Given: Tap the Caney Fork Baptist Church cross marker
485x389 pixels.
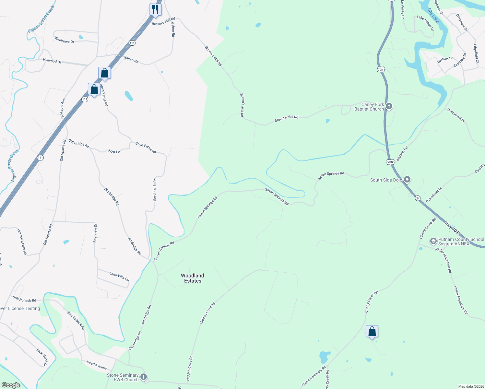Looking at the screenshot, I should pos(389,106).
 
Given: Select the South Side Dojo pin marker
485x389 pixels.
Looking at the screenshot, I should pos(408,180).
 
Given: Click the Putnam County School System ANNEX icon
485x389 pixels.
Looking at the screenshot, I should pos(433,241).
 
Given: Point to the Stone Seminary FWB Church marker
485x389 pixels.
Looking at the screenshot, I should pos(144,377).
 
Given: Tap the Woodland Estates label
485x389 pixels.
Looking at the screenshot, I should pos(193,278).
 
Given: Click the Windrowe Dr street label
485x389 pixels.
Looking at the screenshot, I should pos(64,40).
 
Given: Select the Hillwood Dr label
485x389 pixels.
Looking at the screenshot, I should pos(52,61).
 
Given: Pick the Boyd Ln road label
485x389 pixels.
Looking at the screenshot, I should pos(113,151).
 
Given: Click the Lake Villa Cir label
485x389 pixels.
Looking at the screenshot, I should pos(119,277).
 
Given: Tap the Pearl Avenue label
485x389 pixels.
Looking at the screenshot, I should pos(97,365).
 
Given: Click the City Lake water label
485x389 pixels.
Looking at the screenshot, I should pos(433,16).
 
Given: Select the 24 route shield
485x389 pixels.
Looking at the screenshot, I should pos(418,198).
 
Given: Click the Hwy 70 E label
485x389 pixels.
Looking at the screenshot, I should pos(452,228).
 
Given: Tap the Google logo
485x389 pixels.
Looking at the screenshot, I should pos(11,385).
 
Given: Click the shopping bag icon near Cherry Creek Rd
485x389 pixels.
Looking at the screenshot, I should pos(372,332).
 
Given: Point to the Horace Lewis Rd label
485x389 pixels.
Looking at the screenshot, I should pos(22,242).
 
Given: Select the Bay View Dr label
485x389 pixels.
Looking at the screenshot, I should pos(95,233).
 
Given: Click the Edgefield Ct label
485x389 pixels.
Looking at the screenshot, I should pos(476,53).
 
